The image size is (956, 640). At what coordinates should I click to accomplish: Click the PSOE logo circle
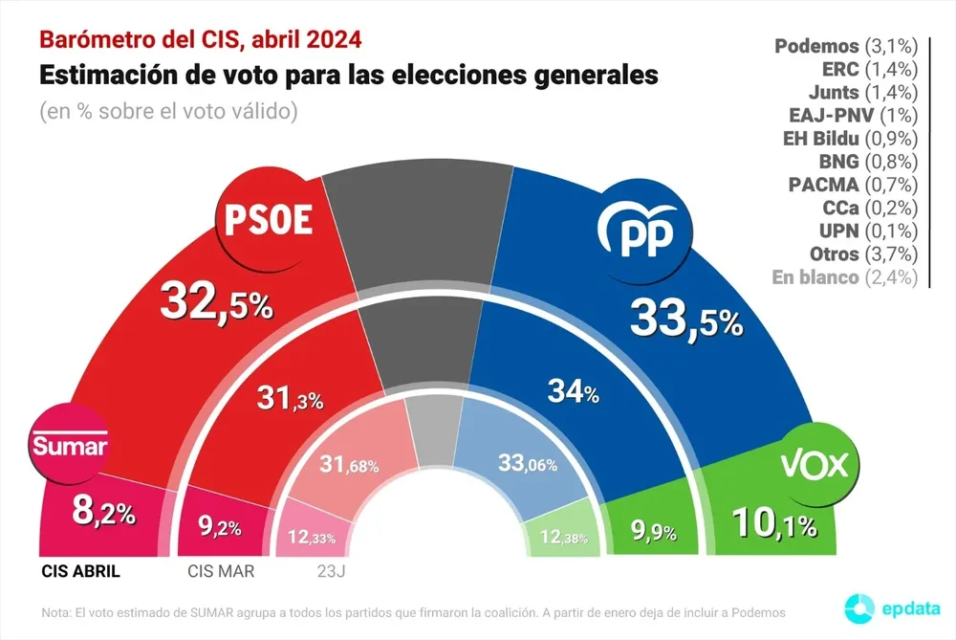point(268,221)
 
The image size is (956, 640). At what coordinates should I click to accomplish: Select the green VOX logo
point(815,465)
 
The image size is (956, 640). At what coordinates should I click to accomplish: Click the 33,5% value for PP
point(685,319)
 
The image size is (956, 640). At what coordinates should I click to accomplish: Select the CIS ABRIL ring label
point(82,571)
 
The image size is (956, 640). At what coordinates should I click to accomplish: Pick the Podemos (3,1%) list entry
point(845,46)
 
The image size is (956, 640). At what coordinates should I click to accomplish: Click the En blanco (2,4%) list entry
point(845,277)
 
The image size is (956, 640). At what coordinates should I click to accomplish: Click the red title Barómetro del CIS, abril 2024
point(200,40)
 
